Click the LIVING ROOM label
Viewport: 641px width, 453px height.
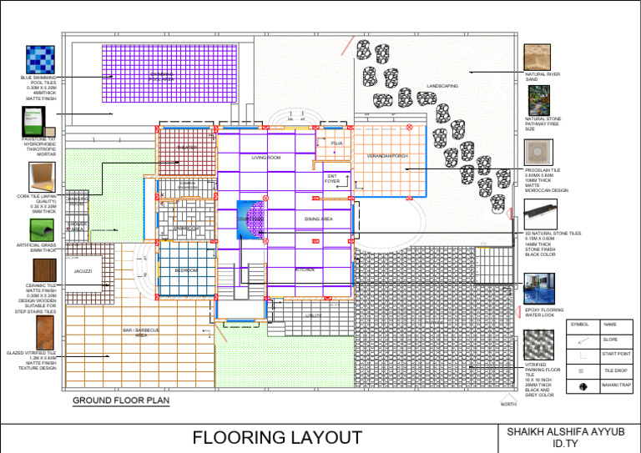266,158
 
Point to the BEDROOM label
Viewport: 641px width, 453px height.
185,271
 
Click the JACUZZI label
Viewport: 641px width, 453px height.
83,272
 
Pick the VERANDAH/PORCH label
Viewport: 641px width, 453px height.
387,156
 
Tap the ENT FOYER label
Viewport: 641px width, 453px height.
331,179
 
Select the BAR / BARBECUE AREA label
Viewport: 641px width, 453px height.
140,333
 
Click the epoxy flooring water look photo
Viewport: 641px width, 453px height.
538,289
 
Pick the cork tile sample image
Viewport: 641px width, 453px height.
41,178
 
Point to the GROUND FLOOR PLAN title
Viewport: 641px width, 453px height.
120,400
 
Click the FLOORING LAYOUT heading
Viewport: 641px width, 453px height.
277,438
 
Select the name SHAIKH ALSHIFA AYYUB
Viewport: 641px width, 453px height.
571,431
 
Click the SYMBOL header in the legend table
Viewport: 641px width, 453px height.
579,324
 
